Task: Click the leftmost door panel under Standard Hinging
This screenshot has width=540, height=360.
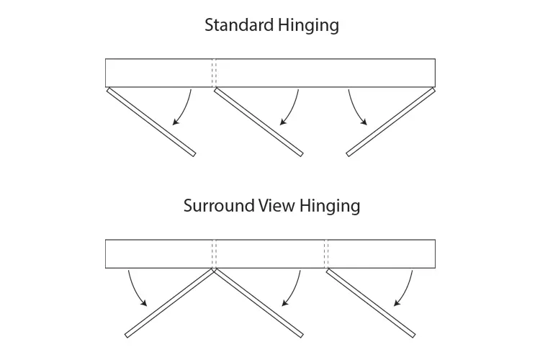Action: [150, 122]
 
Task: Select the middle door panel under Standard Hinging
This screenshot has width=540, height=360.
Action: [258, 122]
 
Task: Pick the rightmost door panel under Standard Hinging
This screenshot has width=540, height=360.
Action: [392, 122]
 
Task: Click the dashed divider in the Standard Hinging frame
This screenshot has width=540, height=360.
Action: [214, 73]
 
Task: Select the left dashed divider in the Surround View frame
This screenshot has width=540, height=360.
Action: [214, 253]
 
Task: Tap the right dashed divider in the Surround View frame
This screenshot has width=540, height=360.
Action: [326, 253]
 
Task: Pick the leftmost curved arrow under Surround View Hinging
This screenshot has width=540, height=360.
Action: [134, 289]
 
